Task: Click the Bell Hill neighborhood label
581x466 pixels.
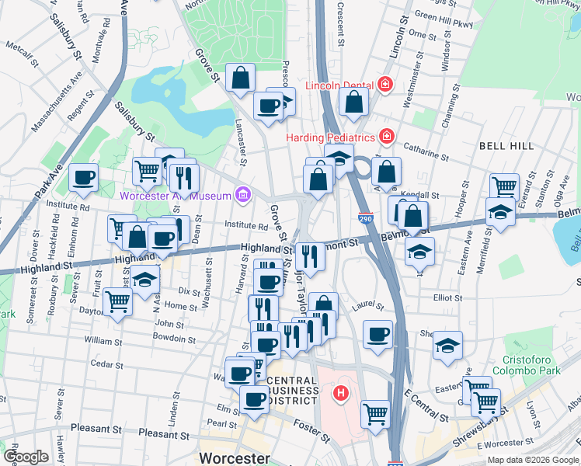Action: pyautogui.click(x=506, y=145)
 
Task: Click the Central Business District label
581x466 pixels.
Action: pyautogui.click(x=292, y=390)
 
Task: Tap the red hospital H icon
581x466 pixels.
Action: pyautogui.click(x=339, y=394)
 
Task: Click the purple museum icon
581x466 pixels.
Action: pyautogui.click(x=243, y=193)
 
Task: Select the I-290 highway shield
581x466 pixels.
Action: pyautogui.click(x=366, y=220)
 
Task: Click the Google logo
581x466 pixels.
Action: pyautogui.click(x=26, y=457)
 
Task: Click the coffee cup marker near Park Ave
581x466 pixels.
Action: pyautogui.click(x=84, y=177)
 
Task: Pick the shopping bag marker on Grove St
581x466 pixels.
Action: pyautogui.click(x=241, y=78)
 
